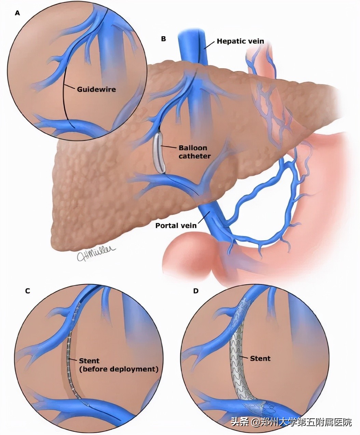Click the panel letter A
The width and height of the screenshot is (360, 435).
pyautogui.click(x=17, y=14)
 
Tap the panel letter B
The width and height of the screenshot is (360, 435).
pyautogui.click(x=163, y=39)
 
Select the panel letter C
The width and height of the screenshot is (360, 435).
pyautogui.click(x=28, y=291)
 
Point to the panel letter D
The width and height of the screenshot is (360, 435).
pyautogui.click(x=196, y=291)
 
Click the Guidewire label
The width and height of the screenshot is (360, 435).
pyautogui.click(x=96, y=89)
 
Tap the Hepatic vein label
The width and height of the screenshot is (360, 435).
pyautogui.click(x=240, y=41)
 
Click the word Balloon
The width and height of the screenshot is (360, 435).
pyautogui.click(x=193, y=148)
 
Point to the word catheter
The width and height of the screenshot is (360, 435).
pyautogui.click(x=194, y=156)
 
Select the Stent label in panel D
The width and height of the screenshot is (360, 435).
pyautogui.click(x=260, y=359)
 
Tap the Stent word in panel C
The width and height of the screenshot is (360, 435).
pyautogui.click(x=89, y=361)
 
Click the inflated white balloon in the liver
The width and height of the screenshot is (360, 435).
pyautogui.click(x=159, y=152)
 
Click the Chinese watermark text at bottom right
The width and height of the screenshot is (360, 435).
pyautogui.click(x=291, y=422)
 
